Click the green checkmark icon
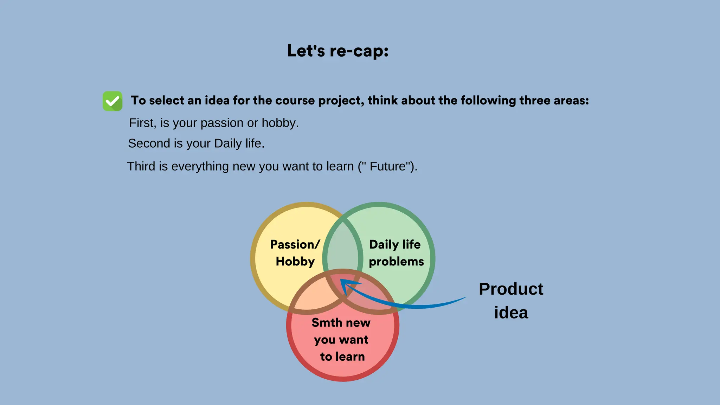tap(112, 101)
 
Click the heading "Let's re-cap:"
tap(337, 51)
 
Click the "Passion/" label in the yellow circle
tap(295, 244)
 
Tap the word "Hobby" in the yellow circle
tap(295, 262)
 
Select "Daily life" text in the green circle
tap(394, 244)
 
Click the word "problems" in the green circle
tap(396, 262)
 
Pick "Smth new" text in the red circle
tap(341, 323)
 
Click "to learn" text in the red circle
tap(342, 356)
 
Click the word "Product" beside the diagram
tap(511, 289)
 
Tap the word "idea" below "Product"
tap(511, 313)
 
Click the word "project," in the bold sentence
tap(341, 101)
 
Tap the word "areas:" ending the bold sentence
tap(571, 101)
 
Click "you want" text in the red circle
tap(341, 340)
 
